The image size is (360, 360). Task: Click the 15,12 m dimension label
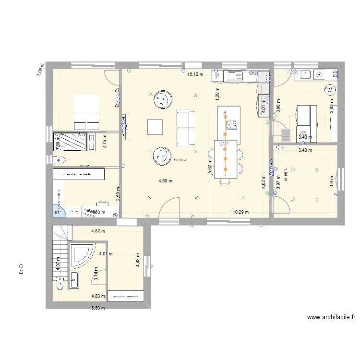[195, 74]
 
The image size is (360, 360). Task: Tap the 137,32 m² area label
[180, 161]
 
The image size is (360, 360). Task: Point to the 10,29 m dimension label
[241, 212]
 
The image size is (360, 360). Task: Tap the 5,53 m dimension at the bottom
[98, 308]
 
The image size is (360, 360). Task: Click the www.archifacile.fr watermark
[331, 317]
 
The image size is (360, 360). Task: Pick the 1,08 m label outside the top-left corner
[39, 71]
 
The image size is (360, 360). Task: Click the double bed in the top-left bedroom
[86, 112]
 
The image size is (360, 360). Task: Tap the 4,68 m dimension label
[165, 181]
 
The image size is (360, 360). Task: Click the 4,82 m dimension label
[99, 231]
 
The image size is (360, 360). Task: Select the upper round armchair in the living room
[162, 99]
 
